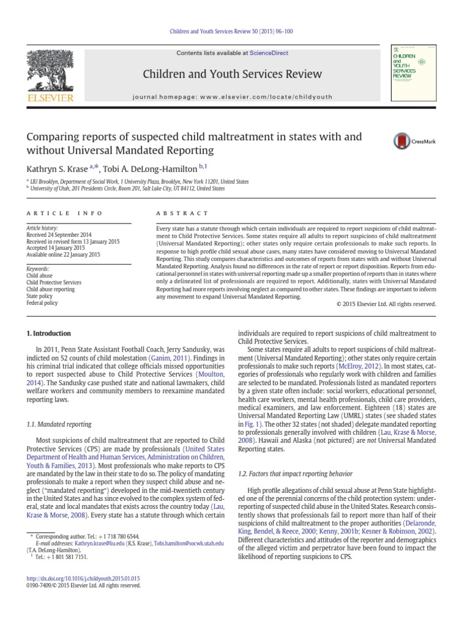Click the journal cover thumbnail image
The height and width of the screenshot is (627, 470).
408,74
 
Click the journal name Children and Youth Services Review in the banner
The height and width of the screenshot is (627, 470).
232,74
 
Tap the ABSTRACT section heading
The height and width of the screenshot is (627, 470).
174,213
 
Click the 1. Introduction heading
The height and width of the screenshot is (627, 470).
50,334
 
